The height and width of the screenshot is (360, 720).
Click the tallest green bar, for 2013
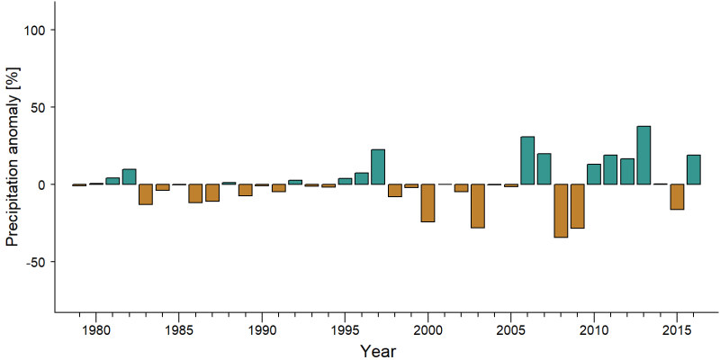coord(643,155)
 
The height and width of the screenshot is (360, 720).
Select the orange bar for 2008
coord(561,211)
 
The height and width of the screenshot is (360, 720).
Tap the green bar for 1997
coord(378,166)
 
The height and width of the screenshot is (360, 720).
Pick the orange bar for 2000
coord(428,203)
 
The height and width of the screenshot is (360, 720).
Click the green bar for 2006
coord(527,160)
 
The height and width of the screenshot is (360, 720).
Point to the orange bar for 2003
coord(478,206)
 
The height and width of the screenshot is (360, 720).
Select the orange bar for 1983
coord(146,194)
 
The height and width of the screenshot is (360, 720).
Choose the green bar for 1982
coord(129,176)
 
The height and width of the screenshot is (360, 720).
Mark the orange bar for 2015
coord(677,197)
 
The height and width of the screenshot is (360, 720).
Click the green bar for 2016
coord(693,170)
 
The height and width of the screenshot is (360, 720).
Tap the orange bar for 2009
coord(577,206)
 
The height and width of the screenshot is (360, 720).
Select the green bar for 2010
coord(594,174)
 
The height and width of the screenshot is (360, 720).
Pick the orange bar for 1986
coord(195,193)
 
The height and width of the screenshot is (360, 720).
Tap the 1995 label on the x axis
coord(345,330)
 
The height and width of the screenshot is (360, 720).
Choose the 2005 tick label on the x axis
coord(510,330)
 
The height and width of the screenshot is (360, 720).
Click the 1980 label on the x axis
coord(95,330)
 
